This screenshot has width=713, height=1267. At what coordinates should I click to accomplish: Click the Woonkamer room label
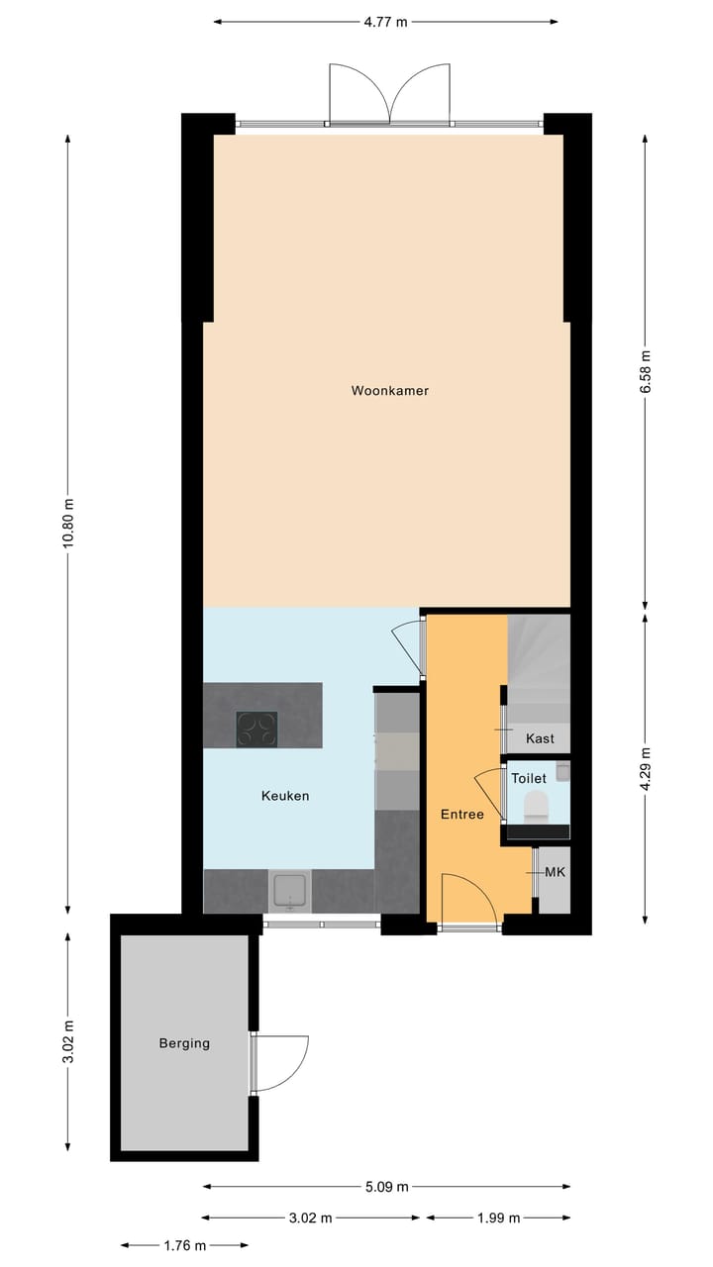[x=389, y=391]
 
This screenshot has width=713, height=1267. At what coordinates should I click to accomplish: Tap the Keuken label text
[x=285, y=796]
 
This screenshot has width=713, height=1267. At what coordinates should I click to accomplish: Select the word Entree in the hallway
[x=462, y=815]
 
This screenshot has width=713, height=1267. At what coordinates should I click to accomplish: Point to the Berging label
[x=184, y=1043]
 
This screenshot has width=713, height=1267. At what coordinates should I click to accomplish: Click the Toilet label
[x=528, y=779]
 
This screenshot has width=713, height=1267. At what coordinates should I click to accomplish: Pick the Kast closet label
[x=540, y=739]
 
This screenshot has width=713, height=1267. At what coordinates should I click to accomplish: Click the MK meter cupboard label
[x=555, y=873]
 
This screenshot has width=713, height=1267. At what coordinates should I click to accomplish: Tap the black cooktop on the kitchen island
[x=256, y=730]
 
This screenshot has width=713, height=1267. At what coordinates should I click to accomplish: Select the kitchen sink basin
[x=290, y=890]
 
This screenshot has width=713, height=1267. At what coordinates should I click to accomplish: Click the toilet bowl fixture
[x=536, y=805]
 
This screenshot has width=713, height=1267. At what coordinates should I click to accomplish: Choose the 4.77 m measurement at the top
[x=386, y=22]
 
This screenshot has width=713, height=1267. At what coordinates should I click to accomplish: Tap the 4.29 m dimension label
[x=646, y=767]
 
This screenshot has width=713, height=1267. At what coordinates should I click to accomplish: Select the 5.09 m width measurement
[x=387, y=1187]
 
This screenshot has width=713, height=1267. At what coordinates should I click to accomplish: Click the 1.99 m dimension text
[x=499, y=1218]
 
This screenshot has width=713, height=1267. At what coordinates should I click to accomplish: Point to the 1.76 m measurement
[x=185, y=1245]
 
